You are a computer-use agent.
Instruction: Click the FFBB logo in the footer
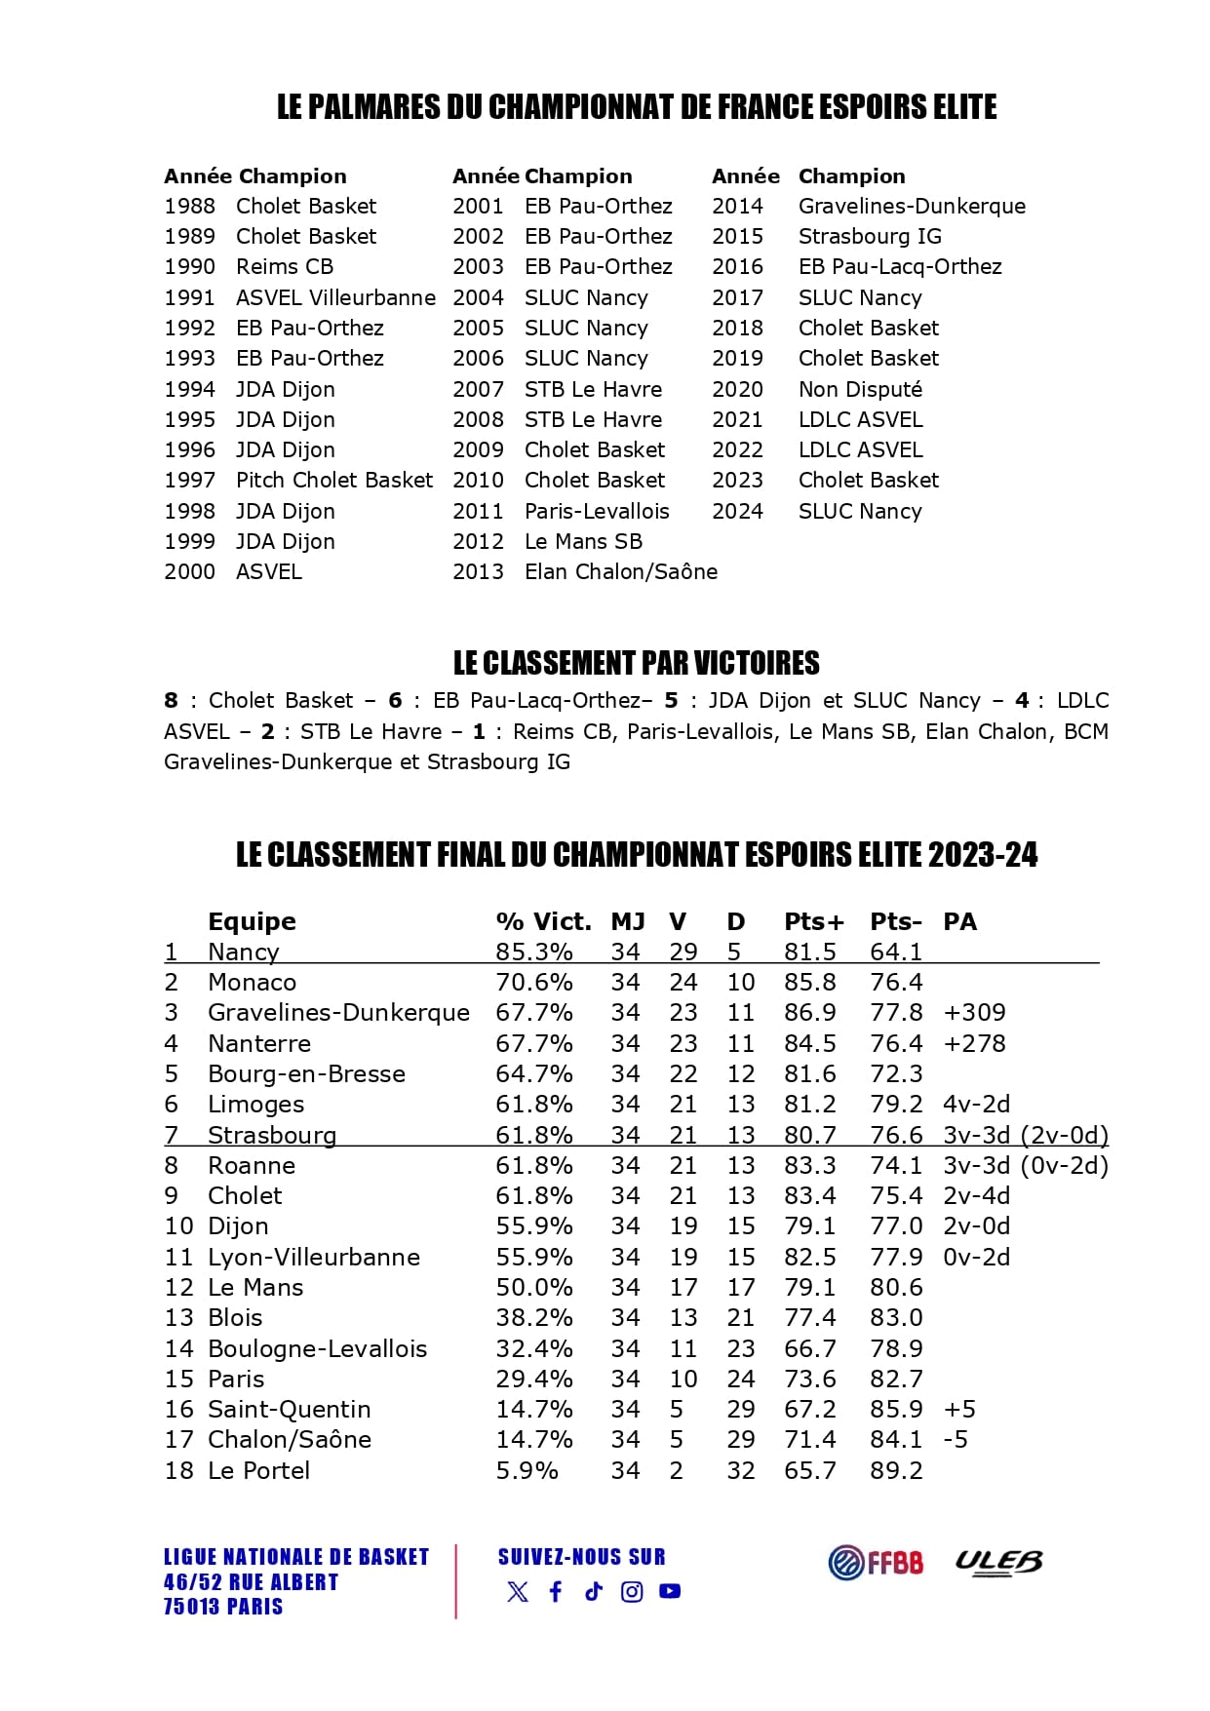[876, 1562]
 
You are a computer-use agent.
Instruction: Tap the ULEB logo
[997, 1562]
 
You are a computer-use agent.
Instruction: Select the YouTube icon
[670, 1591]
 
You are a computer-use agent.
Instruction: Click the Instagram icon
[632, 1591]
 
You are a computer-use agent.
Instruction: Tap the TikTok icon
[594, 1591]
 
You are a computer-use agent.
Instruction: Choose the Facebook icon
[556, 1591]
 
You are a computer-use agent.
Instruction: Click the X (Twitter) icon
[518, 1591]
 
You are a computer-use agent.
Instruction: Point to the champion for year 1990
[285, 266]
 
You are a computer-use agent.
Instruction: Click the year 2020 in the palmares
[737, 389]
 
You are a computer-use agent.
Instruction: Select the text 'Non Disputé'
[860, 389]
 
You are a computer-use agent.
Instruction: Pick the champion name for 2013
[621, 571]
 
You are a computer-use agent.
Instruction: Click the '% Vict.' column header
[543, 921]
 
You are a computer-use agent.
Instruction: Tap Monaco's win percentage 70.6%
[533, 982]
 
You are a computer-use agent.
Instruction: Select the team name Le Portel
[258, 1470]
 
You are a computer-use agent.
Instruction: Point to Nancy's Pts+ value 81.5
[809, 952]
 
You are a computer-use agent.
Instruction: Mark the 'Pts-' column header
[895, 921]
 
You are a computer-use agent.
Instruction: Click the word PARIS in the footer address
[255, 1607]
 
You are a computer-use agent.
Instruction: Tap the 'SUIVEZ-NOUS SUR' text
[581, 1557]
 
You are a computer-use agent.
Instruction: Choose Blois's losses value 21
[740, 1317]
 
